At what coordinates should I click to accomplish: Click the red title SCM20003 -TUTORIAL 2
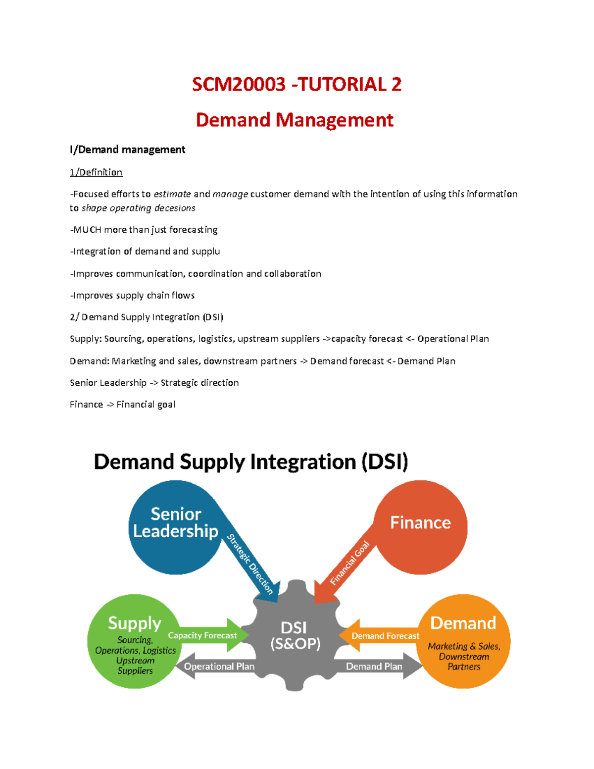point(296,84)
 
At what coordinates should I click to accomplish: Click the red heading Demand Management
point(295,120)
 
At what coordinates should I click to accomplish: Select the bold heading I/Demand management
point(127,150)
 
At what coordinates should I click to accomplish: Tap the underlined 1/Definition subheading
point(96,172)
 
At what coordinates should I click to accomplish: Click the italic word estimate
point(172,194)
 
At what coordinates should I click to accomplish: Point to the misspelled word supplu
point(205,252)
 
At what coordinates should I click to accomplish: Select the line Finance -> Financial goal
point(122,405)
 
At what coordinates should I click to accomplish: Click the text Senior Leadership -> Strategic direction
point(154,383)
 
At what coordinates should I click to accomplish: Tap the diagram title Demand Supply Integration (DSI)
point(250,461)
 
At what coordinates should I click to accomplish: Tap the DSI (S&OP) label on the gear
point(295,635)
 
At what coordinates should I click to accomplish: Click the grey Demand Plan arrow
point(375,666)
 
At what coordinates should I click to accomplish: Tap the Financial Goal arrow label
point(350,563)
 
